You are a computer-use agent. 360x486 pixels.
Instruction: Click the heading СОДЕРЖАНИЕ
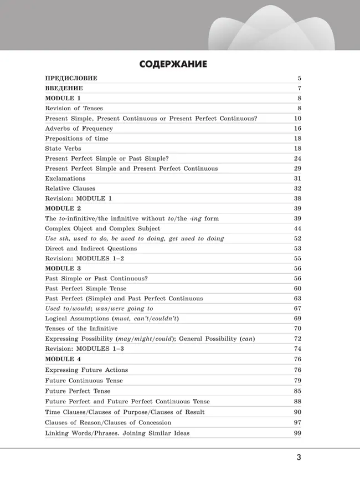coord(173,64)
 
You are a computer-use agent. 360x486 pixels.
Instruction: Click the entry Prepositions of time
coord(76,139)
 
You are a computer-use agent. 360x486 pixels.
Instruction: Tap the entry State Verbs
coord(63,149)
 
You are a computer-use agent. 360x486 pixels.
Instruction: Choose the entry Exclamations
coord(65,178)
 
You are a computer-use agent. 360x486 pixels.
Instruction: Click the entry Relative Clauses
coord(70,188)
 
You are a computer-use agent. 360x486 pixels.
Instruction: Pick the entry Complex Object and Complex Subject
coord(102,228)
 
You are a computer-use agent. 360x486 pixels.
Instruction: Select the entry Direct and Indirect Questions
coord(91,248)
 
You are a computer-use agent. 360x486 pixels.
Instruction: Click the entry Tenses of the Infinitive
coord(81,328)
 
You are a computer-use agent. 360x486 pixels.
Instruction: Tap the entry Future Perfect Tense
coord(78,391)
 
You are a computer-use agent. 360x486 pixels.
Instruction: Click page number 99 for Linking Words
coord(297,433)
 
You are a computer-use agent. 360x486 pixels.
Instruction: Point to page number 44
coord(297,228)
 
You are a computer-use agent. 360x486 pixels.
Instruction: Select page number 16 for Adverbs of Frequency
coord(297,129)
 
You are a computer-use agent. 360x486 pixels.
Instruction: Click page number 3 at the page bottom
coord(299,457)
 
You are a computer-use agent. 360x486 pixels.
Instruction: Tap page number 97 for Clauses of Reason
coord(297,422)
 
